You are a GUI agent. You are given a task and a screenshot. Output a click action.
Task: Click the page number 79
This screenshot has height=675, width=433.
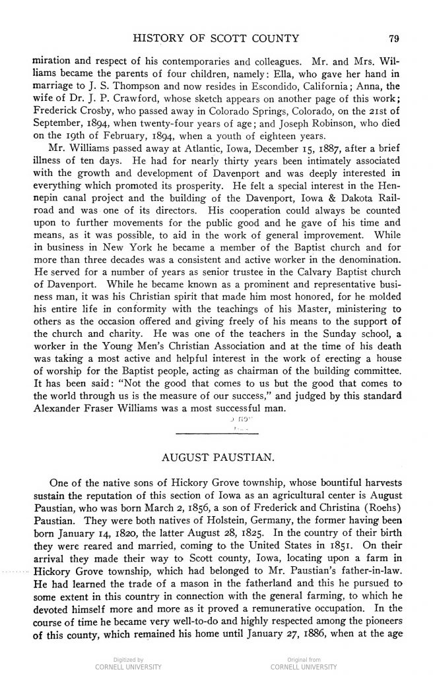tap(395, 38)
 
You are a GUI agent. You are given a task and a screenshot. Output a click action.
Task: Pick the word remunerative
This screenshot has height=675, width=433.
tap(271, 625)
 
